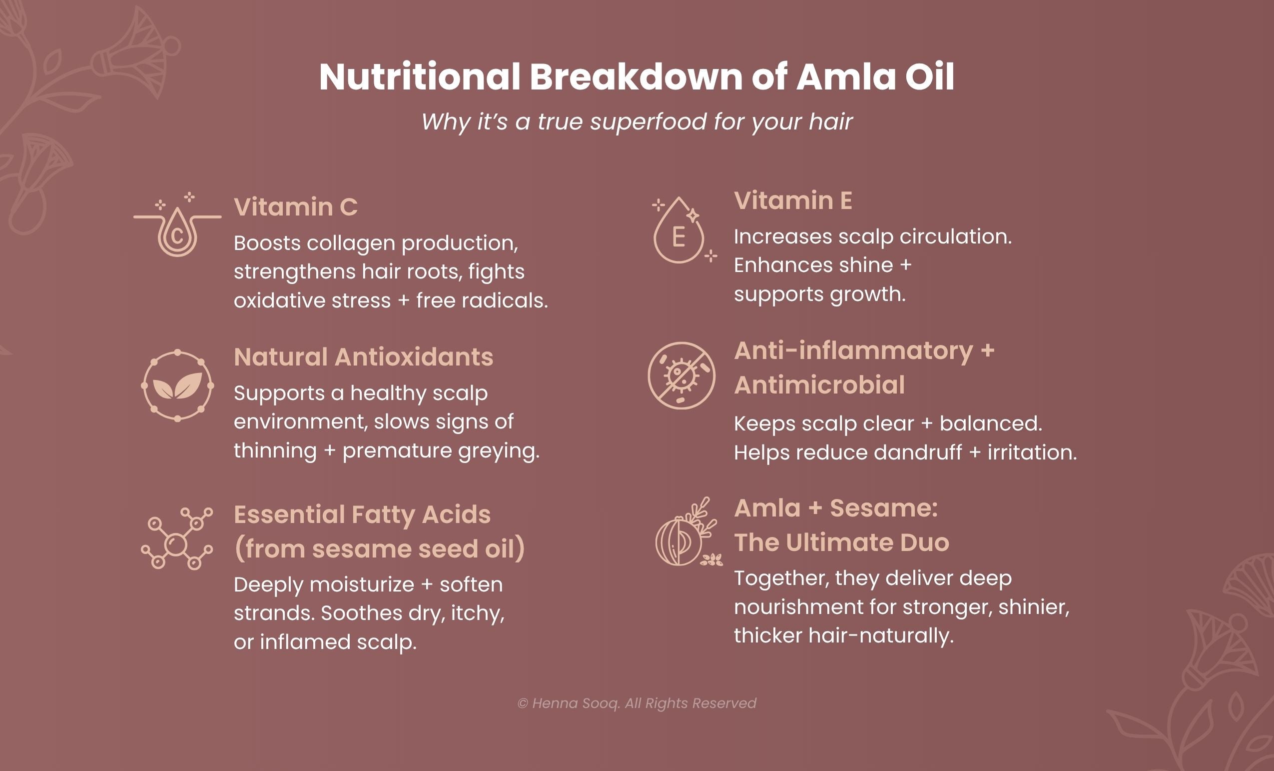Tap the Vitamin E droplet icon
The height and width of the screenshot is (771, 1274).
tap(679, 233)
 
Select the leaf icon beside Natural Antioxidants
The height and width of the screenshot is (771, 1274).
tap(177, 385)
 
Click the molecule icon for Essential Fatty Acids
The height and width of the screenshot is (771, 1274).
tap(177, 538)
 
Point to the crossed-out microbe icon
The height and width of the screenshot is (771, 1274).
tap(681, 375)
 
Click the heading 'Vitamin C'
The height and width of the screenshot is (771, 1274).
tap(295, 207)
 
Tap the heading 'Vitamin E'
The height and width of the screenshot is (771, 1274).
tap(793, 200)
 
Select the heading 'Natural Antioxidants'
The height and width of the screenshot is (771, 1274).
tap(363, 357)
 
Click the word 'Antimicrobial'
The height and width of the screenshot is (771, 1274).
tap(819, 385)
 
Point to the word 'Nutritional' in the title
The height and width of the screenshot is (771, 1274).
tap(419, 77)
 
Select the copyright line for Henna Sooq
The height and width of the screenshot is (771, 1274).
tap(637, 703)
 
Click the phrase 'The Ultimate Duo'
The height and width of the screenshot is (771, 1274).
tap(841, 542)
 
